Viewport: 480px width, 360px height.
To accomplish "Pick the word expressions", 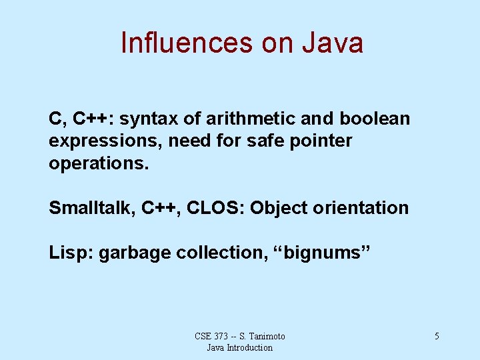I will click(105, 141).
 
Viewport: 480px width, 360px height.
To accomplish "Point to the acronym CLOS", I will click(215, 208).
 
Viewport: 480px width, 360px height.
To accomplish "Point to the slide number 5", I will click(437, 337).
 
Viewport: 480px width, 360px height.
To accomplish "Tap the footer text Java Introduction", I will click(240, 347).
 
